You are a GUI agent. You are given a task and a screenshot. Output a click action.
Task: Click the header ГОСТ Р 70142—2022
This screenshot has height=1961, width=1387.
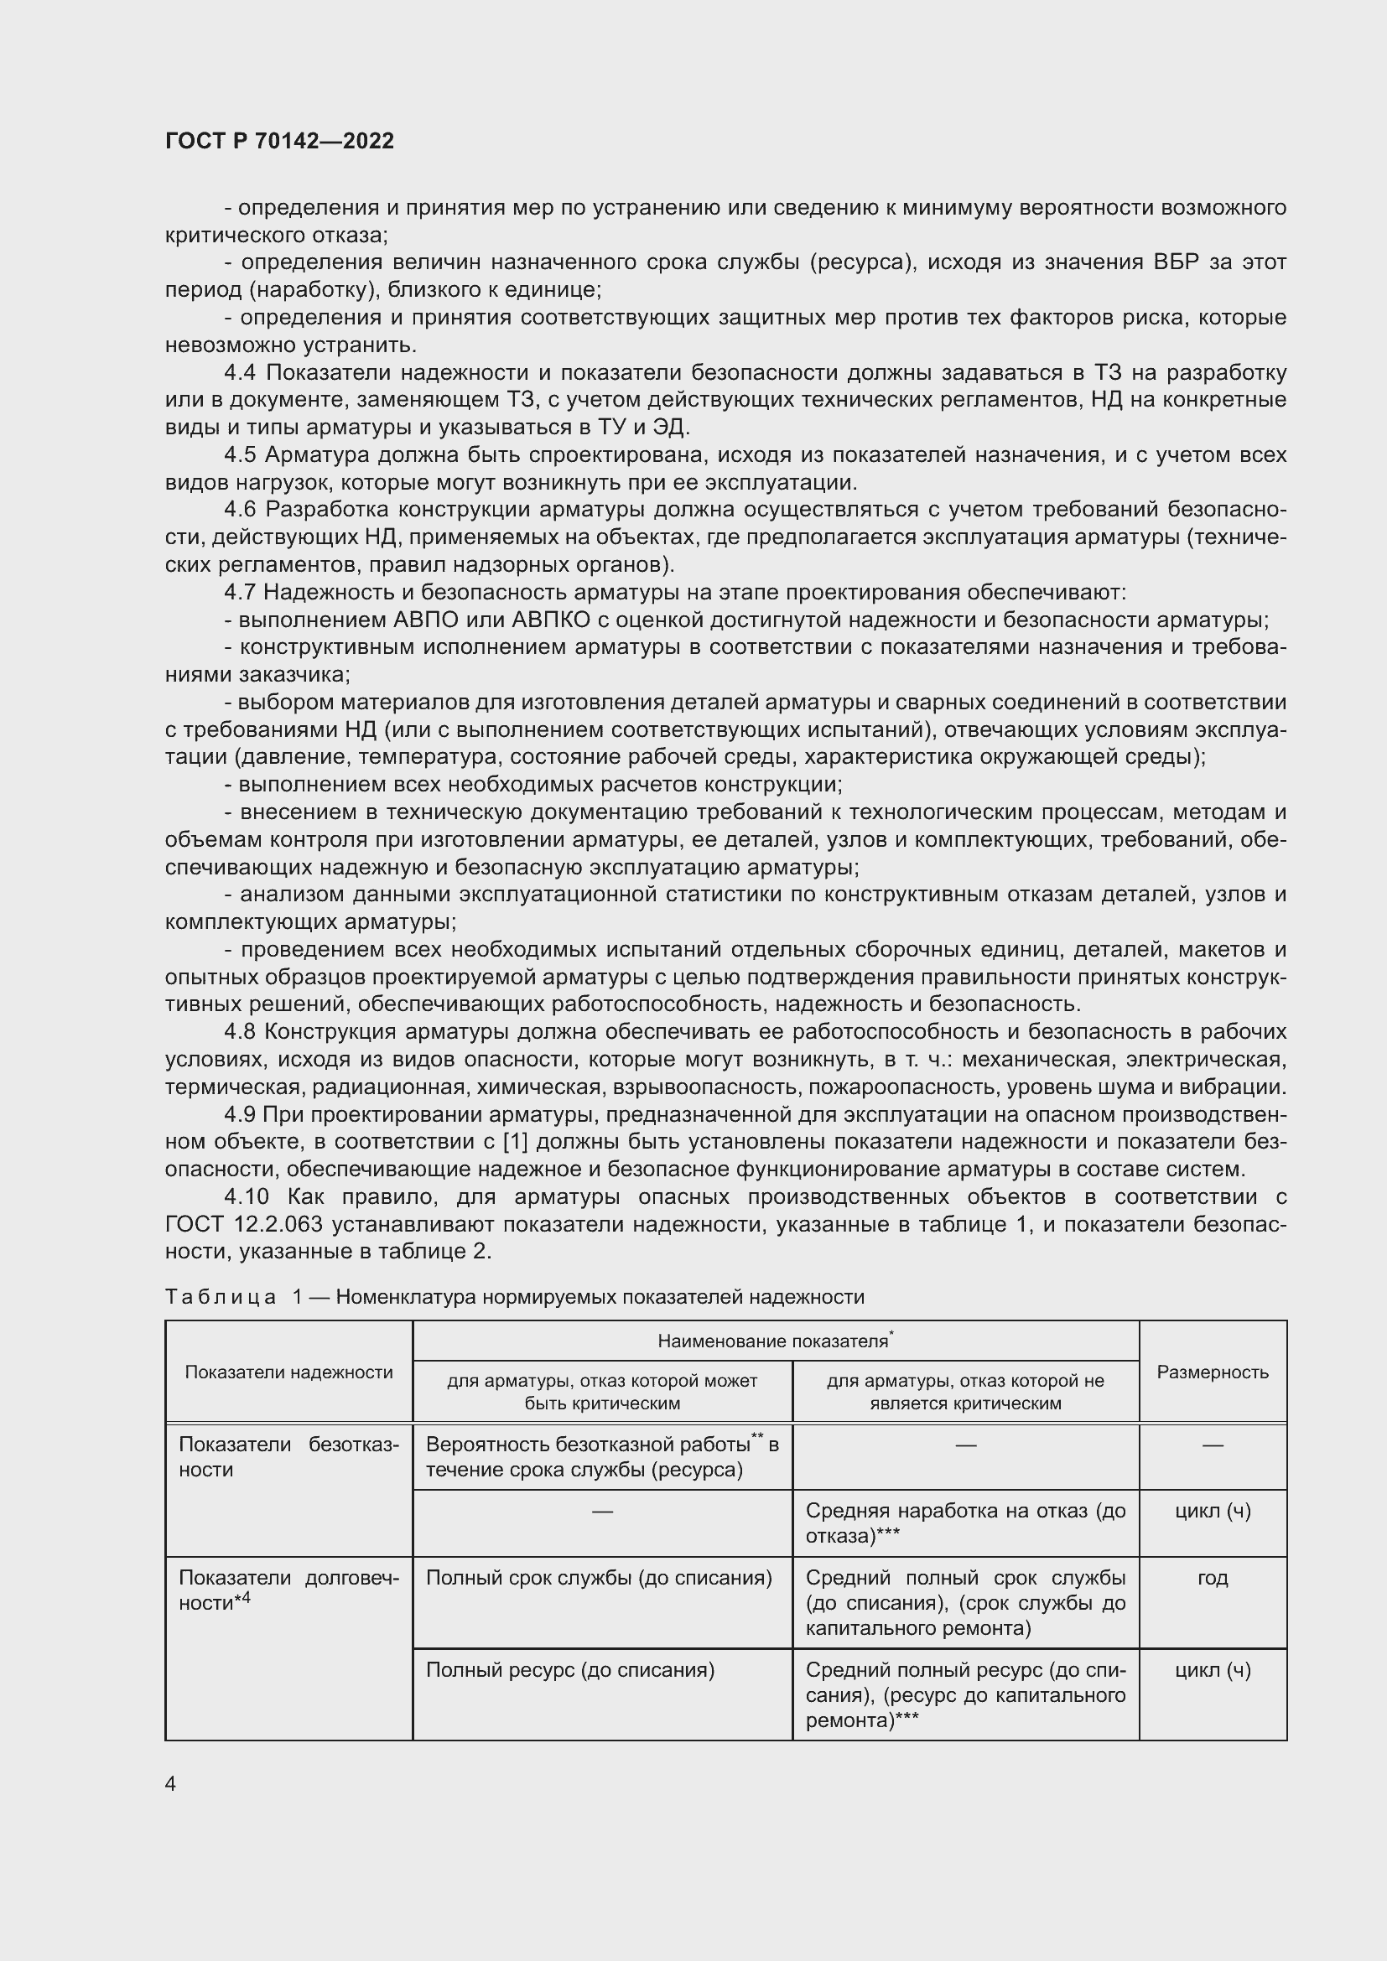point(279,142)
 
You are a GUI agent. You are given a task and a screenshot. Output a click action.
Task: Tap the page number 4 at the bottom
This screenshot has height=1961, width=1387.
point(170,1783)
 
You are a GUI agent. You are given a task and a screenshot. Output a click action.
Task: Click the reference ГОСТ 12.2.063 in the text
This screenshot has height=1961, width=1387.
point(244,1224)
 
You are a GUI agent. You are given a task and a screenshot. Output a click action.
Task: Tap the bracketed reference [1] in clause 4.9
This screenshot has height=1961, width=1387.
point(528,1142)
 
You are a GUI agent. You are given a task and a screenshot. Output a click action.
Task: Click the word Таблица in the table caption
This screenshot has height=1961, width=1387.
point(221,1296)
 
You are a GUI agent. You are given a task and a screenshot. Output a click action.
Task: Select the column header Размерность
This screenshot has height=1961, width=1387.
point(1212,1372)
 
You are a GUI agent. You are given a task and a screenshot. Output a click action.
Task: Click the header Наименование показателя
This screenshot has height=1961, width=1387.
point(774,1341)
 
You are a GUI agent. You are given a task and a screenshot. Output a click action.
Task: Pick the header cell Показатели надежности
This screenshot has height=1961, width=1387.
point(288,1372)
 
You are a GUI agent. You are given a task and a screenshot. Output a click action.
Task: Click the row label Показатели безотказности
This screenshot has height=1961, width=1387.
point(288,1456)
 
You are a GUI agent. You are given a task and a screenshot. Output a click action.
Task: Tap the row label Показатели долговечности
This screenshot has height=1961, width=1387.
point(288,1590)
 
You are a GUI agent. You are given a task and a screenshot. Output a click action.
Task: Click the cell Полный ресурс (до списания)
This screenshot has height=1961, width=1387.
point(569,1669)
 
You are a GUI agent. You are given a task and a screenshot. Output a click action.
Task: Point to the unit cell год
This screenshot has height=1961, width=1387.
point(1212,1578)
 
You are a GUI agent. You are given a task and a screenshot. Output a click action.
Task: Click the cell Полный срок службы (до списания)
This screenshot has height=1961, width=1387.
point(599,1578)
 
